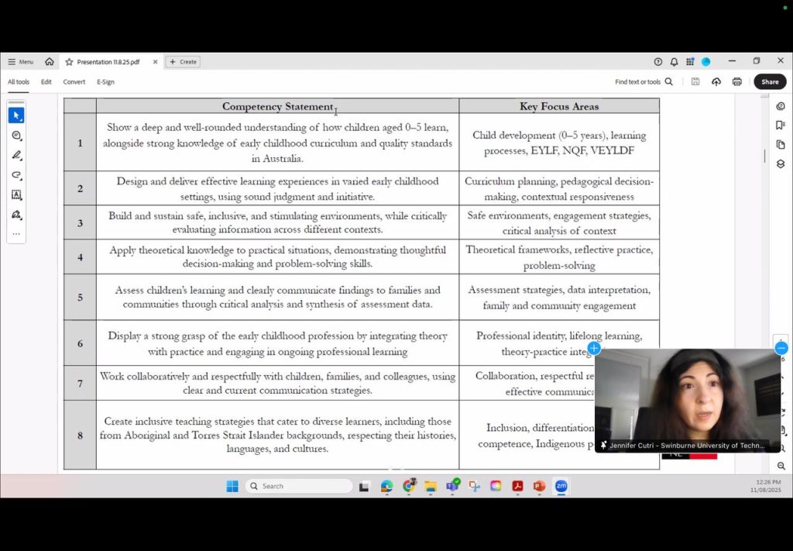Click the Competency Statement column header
[277, 106]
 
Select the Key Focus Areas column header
[558, 106]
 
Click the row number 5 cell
[80, 298]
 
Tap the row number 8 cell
[80, 435]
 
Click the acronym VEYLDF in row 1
[612, 150]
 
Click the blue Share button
[770, 81]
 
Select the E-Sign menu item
[105, 81]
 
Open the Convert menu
[74, 81]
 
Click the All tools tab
[19, 81]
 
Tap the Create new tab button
[184, 62]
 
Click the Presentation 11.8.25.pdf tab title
[108, 62]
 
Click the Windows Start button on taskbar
[232, 486]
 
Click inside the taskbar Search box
[299, 486]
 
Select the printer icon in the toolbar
[736, 81]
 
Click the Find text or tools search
[644, 81]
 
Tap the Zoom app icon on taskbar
[561, 486]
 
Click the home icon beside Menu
[50, 62]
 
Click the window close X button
[780, 61]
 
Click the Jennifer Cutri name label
[687, 446]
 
